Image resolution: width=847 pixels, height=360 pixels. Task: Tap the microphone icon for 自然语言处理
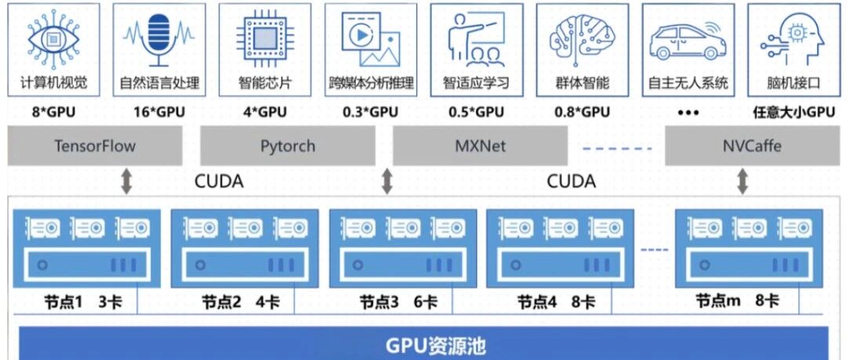159,40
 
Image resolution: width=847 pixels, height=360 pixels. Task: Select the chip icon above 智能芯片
264,39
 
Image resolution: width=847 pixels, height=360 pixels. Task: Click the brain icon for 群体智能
582,39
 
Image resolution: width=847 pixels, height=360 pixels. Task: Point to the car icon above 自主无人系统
688,41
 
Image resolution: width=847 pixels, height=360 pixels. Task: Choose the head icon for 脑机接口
794,39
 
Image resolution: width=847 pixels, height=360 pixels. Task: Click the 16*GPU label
159,112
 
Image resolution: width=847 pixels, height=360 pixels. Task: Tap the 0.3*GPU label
370,112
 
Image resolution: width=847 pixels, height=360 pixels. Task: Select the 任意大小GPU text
794,112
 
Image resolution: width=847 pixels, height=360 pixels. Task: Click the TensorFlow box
95,146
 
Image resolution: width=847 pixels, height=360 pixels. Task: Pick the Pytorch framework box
287,146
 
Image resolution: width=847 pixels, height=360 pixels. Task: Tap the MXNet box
479,146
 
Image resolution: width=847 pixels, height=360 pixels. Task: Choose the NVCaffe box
751,146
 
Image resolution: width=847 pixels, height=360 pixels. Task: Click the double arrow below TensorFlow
126,182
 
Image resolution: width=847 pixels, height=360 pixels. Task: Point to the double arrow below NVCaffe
743,182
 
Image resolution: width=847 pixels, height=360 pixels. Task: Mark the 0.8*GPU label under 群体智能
582,112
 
